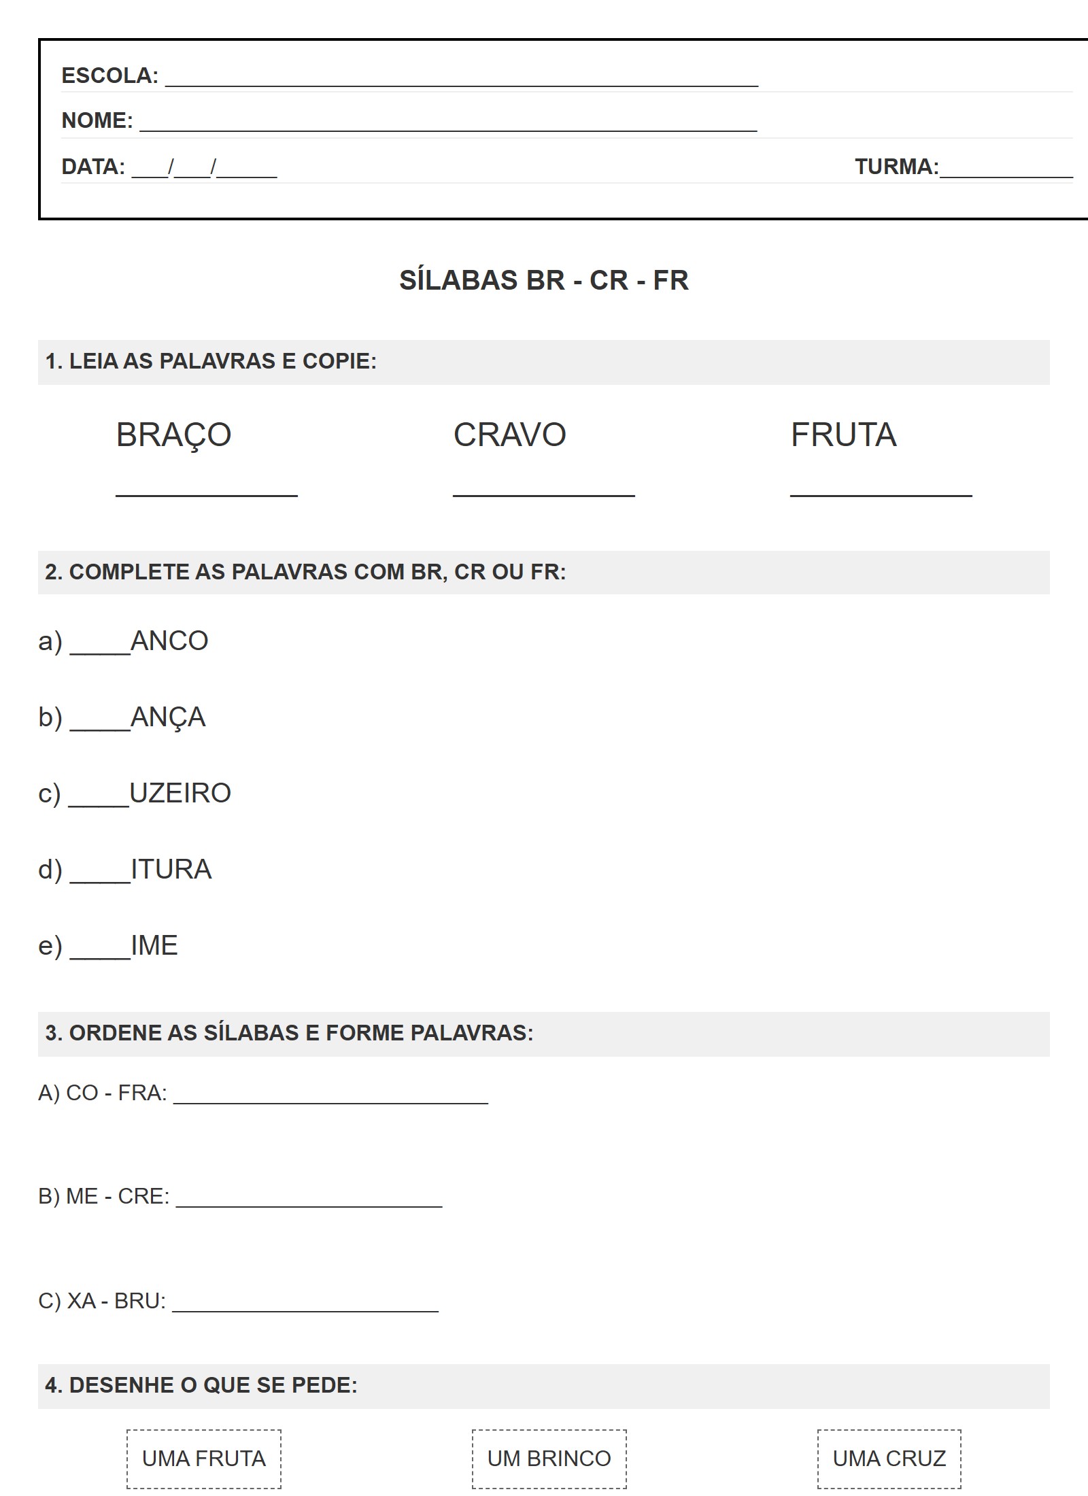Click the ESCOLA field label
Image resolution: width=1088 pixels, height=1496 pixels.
click(x=109, y=75)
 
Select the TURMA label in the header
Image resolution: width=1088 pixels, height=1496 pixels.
click(x=896, y=167)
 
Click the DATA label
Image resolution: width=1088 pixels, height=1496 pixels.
click(x=93, y=167)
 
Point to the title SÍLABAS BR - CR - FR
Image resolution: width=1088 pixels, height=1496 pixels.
click(x=543, y=280)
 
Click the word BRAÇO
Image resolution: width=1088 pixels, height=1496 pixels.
click(x=174, y=435)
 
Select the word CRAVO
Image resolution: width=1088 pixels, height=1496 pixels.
click(x=509, y=435)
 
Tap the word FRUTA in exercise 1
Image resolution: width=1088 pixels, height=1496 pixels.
click(x=843, y=435)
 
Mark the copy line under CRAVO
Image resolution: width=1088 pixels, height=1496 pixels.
click(x=543, y=494)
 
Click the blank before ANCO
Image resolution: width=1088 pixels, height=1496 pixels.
click(x=100, y=649)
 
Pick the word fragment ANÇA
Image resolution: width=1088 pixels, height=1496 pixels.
click(x=168, y=717)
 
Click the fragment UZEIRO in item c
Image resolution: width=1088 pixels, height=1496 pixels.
click(x=180, y=794)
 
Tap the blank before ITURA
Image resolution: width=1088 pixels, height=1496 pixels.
click(x=100, y=878)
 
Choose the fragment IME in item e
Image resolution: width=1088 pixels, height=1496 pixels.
click(x=154, y=946)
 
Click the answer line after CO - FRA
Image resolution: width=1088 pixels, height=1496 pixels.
click(x=330, y=1101)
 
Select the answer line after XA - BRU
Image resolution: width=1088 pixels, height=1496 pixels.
click(x=305, y=1309)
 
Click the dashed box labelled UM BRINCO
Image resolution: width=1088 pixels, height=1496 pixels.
click(x=549, y=1459)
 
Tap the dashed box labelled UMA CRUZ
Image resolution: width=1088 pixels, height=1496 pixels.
click(x=889, y=1459)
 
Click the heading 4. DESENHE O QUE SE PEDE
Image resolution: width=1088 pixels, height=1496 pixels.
click(x=201, y=1385)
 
